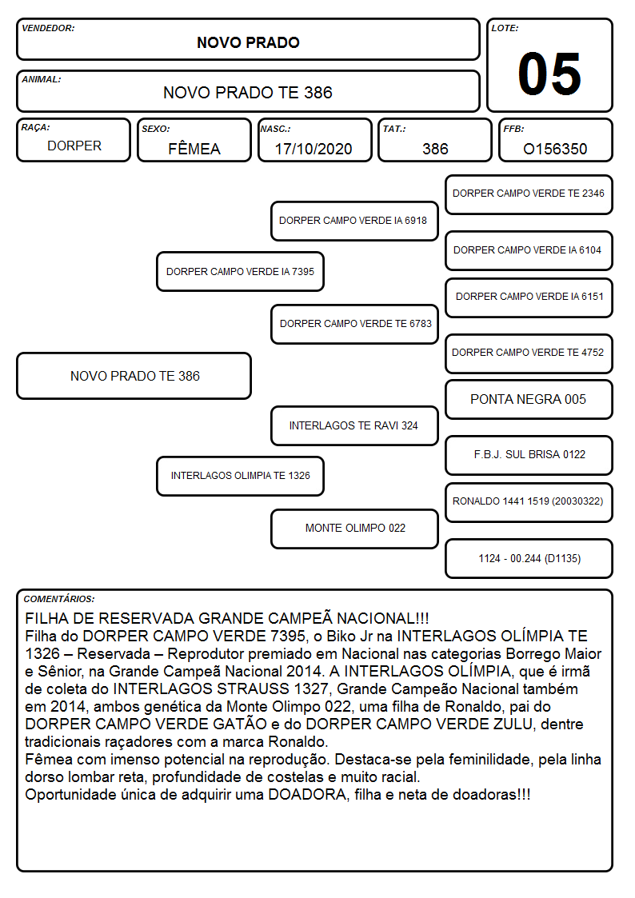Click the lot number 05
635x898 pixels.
[x=549, y=74]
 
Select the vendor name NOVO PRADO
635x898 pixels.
[x=248, y=42]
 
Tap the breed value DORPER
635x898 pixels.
[x=74, y=146]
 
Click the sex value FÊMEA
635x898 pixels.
[x=194, y=149]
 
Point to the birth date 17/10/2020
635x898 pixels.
[x=314, y=149]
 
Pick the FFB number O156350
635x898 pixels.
[x=555, y=149]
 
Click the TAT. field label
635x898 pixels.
[x=394, y=129]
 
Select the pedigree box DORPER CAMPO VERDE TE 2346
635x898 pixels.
[x=529, y=195]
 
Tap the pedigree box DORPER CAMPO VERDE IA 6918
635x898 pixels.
[x=354, y=221]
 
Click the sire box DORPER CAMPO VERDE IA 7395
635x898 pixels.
[x=240, y=271]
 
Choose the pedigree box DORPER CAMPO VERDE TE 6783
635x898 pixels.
[x=354, y=324]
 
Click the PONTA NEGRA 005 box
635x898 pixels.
[x=529, y=400]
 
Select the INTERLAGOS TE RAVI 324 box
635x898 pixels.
[x=354, y=426]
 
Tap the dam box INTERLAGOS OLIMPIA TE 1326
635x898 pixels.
[x=240, y=476]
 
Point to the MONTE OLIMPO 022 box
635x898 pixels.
[x=354, y=529]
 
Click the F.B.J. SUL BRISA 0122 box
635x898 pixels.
[x=529, y=455]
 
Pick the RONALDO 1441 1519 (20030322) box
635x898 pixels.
[x=529, y=502]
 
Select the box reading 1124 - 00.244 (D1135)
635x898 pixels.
[x=529, y=558]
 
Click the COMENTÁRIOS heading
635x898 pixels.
[x=59, y=599]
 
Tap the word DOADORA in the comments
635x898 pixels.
[x=307, y=795]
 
